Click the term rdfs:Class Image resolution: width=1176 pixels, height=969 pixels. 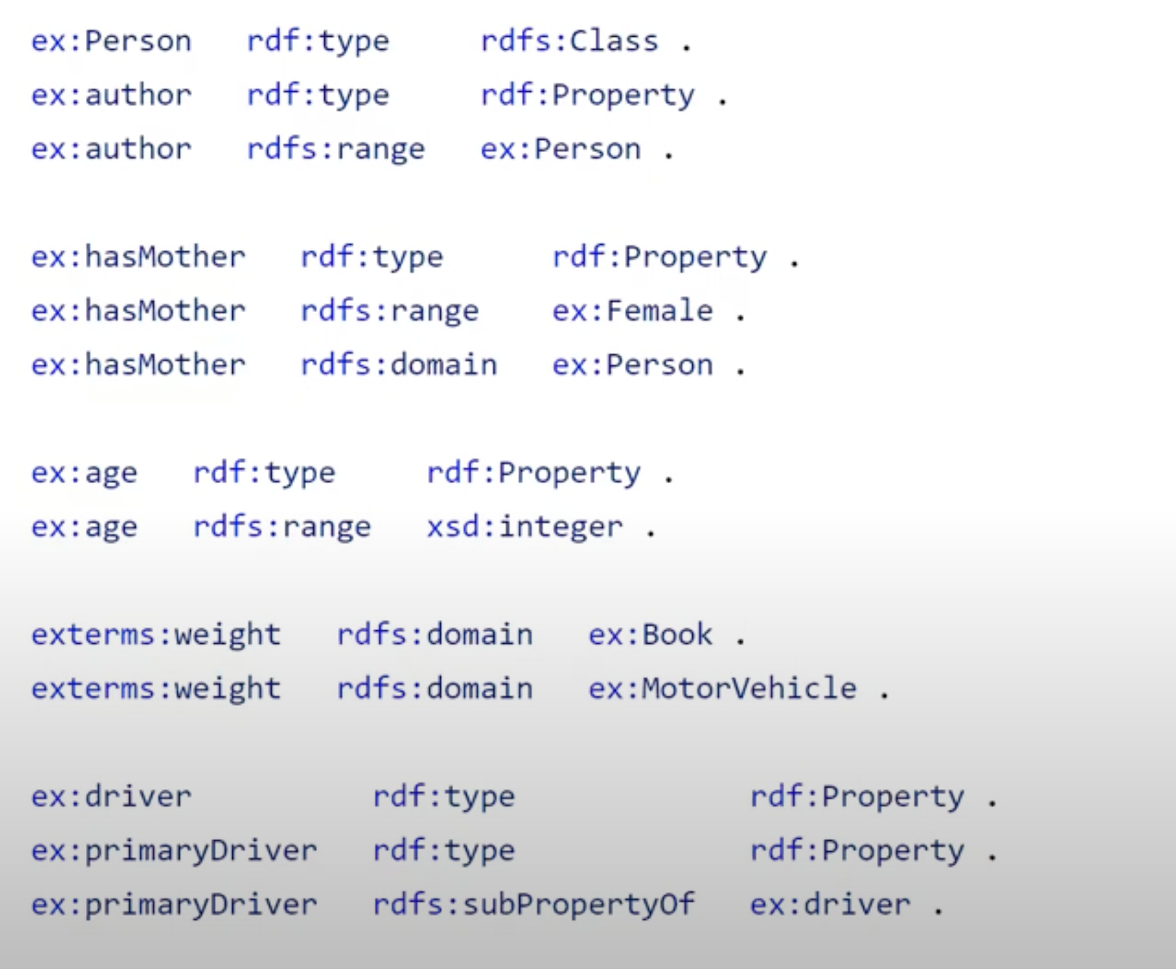(570, 42)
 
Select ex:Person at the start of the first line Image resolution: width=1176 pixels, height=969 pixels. (111, 42)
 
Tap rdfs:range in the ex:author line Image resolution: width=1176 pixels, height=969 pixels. (335, 149)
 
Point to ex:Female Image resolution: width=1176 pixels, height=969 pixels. (632, 311)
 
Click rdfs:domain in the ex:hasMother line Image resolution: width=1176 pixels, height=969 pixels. (399, 365)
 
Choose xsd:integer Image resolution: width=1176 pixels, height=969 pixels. (525, 527)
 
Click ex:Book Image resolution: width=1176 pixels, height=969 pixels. (650, 635)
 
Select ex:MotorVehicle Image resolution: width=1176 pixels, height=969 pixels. (722, 689)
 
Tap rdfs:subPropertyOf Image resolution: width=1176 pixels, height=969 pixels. (533, 905)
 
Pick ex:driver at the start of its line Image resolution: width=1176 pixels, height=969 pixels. (111, 797)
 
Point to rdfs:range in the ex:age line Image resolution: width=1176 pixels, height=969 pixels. (282, 527)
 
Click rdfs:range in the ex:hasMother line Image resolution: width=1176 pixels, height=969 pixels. (390, 311)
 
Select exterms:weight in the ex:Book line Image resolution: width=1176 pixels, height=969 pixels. (156, 635)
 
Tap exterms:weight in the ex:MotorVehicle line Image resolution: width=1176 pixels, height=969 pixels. (156, 689)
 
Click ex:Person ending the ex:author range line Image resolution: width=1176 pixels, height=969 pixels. (560, 149)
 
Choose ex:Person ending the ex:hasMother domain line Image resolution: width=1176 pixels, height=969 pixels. (632, 365)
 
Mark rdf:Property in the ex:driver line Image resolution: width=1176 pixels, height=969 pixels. (857, 797)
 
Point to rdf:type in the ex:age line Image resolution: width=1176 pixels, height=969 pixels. (264, 473)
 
